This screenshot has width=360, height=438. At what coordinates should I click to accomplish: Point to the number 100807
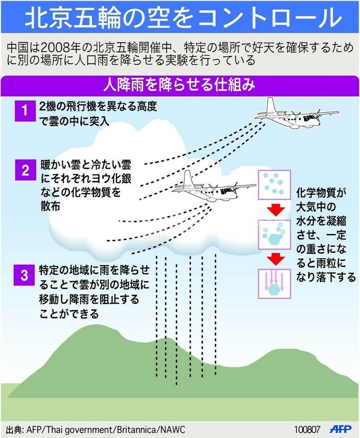pyautogui.click(x=307, y=430)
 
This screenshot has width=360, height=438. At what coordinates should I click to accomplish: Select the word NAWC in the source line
pyautogui.click(x=173, y=430)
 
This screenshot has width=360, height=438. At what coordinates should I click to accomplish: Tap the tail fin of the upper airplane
pyautogui.click(x=272, y=106)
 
